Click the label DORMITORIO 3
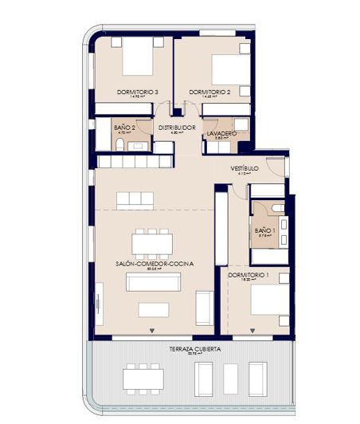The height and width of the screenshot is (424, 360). click(137, 92)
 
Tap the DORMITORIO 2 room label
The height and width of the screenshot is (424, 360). click(209, 92)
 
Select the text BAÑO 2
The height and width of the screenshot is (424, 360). click(124, 127)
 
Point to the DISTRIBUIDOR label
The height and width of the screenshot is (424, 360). click(177, 127)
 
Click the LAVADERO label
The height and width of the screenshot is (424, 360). click(221, 133)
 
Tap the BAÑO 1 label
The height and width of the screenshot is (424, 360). click(264, 231)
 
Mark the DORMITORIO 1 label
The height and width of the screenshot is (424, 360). click(247, 276)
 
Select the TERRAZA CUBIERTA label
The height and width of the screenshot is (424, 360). click(194, 349)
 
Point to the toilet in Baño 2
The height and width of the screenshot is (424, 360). click(119, 143)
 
